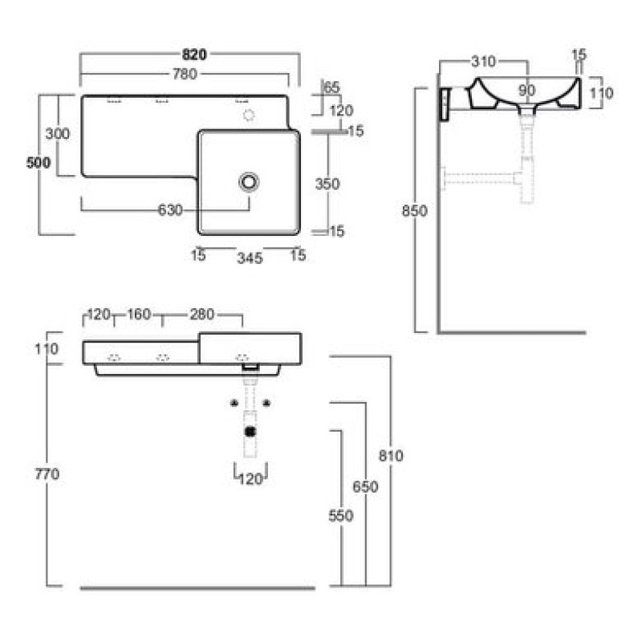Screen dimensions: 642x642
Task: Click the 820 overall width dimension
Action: tap(194, 55)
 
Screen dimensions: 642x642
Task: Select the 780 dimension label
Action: tap(185, 74)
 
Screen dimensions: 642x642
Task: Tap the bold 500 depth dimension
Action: tap(39, 163)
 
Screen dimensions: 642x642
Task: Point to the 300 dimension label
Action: tap(57, 133)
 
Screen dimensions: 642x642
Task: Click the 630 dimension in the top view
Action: tap(170, 210)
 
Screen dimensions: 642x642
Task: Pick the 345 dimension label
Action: tap(250, 258)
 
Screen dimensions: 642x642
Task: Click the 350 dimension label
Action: tap(327, 184)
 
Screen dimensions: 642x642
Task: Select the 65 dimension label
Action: tap(331, 87)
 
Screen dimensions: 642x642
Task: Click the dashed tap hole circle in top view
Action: tap(249, 115)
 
